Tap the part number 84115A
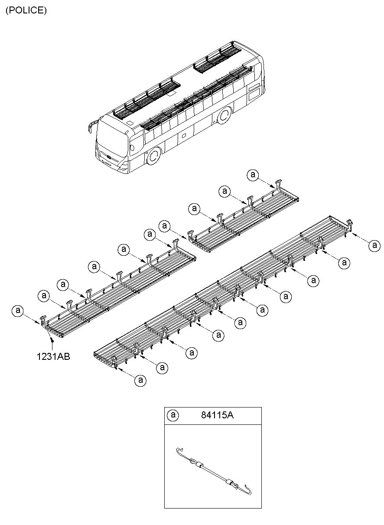(217, 415)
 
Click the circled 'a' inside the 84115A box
(173, 415)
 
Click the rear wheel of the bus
(224, 116)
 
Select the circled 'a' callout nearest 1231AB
(18, 311)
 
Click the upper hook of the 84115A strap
(179, 450)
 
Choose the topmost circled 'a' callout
(253, 175)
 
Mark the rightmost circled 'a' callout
(374, 245)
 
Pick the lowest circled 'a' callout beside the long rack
(140, 380)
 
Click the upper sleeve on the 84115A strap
(199, 465)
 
